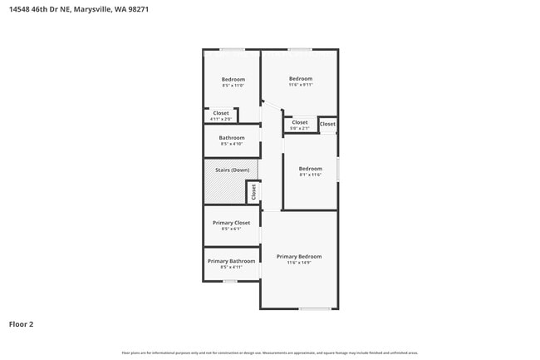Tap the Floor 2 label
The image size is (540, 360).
[x=21, y=324]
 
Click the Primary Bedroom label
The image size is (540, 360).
[x=299, y=256]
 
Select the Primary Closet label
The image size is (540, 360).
[x=231, y=223]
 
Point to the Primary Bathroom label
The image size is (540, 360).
[x=231, y=261]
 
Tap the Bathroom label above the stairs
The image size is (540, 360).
[x=232, y=137]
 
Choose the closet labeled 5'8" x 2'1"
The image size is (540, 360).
[x=300, y=125]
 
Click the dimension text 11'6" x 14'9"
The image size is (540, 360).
[x=299, y=263]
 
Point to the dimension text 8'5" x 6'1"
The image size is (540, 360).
[x=231, y=229]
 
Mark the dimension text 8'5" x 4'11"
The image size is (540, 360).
[x=231, y=267]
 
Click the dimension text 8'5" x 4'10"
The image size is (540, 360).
[x=232, y=144]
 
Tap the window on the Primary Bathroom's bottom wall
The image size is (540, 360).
[x=230, y=281]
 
